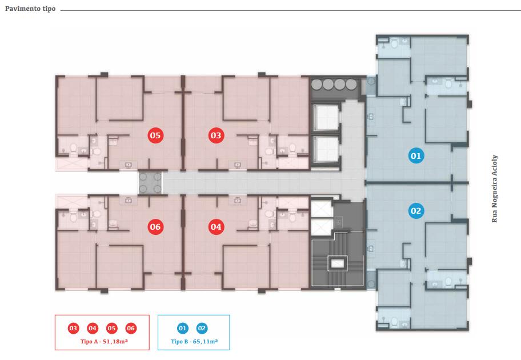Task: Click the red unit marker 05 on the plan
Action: pos(155,135)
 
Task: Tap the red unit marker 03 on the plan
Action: pos(215,135)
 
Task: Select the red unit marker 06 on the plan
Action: pos(155,227)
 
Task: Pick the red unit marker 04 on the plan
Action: pos(215,227)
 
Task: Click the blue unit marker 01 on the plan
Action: pos(416,155)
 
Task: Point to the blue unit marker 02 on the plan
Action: pos(416,211)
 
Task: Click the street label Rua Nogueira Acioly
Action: pos(495,187)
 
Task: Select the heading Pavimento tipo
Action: pos(30,10)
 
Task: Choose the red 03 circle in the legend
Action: pos(73,329)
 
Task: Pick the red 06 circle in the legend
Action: pos(131,329)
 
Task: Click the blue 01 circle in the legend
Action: pos(183,329)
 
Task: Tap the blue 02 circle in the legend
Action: pos(202,329)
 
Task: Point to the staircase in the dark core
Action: pos(337,263)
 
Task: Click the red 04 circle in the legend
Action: pos(92,329)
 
